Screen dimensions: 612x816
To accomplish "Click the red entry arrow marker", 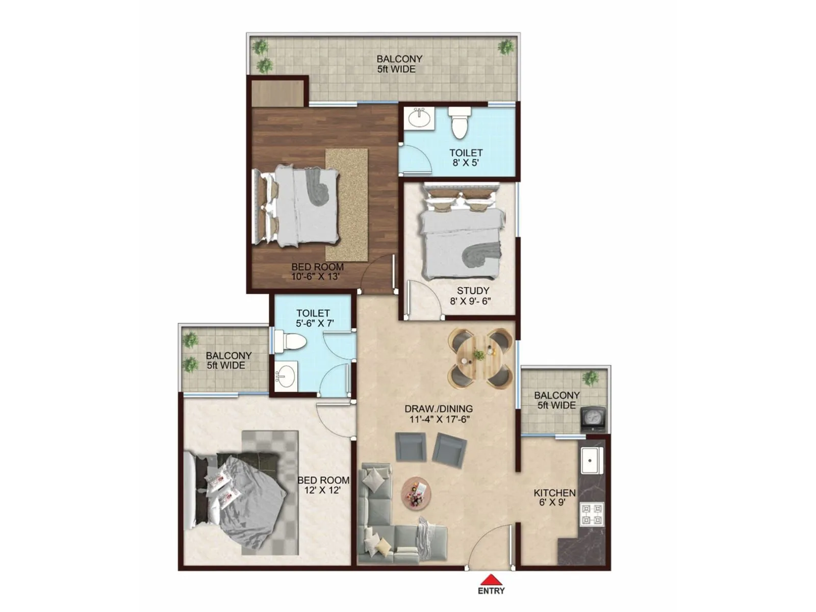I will [x=491, y=580].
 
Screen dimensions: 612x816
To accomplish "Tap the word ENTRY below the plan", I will [x=491, y=591].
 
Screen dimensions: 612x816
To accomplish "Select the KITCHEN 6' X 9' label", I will [x=554, y=497].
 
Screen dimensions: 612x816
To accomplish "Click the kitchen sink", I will [x=591, y=461].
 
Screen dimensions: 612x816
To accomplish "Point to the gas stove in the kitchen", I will [x=592, y=514].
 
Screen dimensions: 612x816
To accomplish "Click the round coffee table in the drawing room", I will [x=416, y=493].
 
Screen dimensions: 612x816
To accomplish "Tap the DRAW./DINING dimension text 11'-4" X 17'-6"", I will [x=439, y=419].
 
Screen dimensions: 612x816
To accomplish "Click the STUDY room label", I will [x=473, y=291].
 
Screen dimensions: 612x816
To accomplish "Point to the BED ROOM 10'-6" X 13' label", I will [x=317, y=271].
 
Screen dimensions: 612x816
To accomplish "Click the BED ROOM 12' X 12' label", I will [x=323, y=485].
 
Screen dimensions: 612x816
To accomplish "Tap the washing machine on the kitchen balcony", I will [x=593, y=419].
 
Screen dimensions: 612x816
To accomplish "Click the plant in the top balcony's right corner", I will [x=506, y=47].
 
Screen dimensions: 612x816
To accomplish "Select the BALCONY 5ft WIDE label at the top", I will [x=399, y=64].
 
